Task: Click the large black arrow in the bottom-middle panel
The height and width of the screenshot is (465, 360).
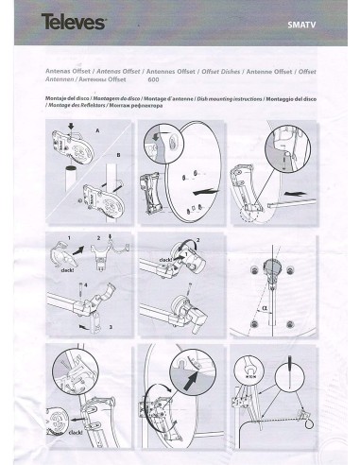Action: [x=190, y=383]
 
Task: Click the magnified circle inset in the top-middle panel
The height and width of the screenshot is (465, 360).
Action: [x=155, y=146]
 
